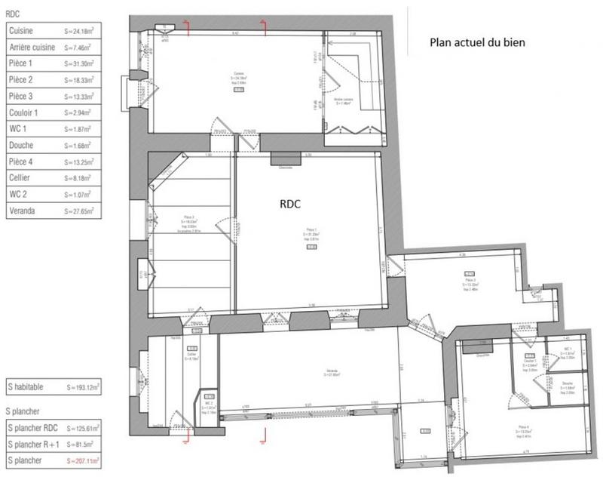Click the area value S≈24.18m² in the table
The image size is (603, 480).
[x=79, y=30]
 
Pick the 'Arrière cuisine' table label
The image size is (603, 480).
[x=35, y=47]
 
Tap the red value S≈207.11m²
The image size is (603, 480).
[x=83, y=460]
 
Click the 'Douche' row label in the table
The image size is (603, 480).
[x=22, y=146]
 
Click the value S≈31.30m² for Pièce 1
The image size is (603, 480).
[x=79, y=63]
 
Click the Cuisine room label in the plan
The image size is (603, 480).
[x=238, y=77]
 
